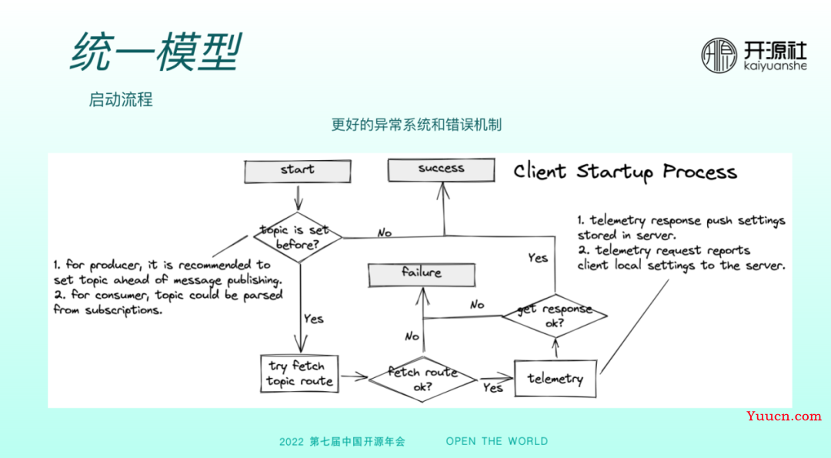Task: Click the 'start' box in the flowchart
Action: point(297,170)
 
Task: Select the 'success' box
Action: point(441,169)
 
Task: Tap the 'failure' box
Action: point(421,273)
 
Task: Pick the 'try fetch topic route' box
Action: point(300,373)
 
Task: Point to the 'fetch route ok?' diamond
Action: point(422,379)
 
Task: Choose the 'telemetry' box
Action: point(555,378)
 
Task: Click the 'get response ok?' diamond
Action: point(554,316)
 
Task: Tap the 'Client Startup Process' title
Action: point(625,171)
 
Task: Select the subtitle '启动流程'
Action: point(121,99)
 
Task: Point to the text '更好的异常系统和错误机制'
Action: point(416,124)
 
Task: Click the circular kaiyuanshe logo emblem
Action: point(719,55)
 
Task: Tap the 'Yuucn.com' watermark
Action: point(783,416)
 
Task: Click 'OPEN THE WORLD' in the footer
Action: point(497,441)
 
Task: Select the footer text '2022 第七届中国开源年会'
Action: point(342,442)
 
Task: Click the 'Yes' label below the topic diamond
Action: point(313,319)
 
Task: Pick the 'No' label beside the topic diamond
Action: point(384,232)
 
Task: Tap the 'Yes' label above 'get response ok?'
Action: point(538,257)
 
